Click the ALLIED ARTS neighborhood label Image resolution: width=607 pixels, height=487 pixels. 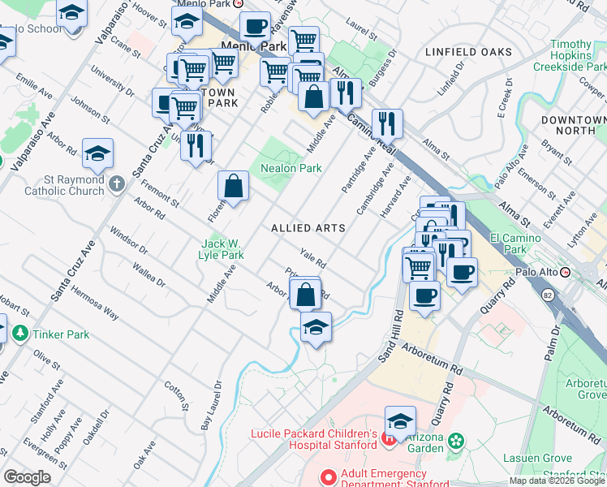[x=308, y=229]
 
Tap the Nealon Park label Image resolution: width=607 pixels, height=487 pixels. [x=291, y=169]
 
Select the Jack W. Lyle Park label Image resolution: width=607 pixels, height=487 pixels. [x=222, y=249]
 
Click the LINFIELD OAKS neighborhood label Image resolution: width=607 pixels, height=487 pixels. [x=468, y=52]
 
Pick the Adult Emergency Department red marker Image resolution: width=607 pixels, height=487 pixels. [x=329, y=477]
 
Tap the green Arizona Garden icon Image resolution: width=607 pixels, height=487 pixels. [x=456, y=441]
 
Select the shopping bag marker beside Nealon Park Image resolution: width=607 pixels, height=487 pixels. [x=233, y=186]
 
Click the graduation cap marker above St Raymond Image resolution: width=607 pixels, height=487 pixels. [x=97, y=153]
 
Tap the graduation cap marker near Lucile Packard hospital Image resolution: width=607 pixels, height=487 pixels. [x=400, y=420]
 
